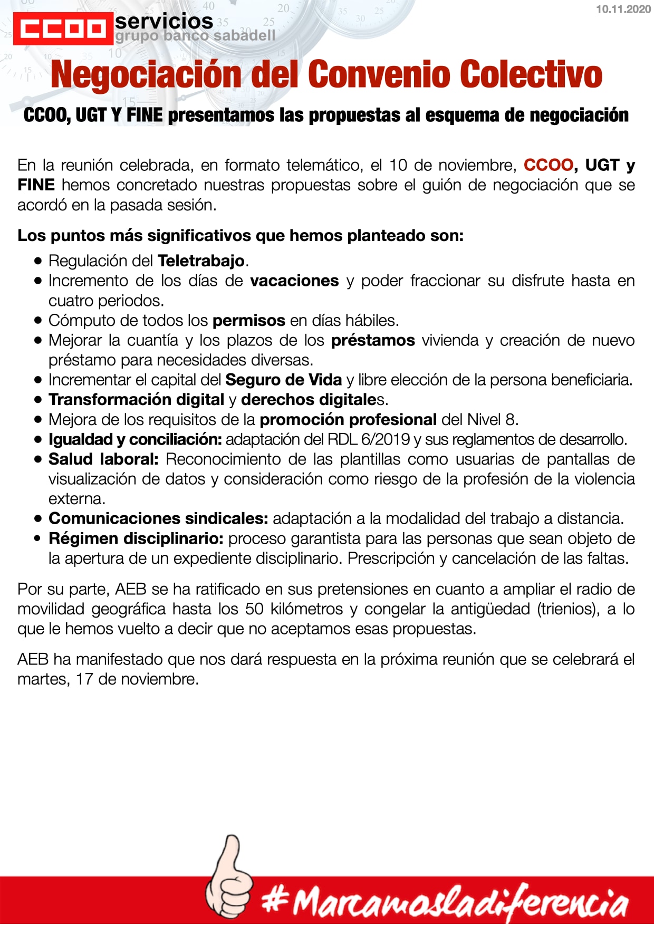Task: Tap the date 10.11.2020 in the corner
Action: point(623,9)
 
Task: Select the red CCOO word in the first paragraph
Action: point(548,165)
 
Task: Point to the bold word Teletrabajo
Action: point(201,261)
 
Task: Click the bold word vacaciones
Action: point(294,281)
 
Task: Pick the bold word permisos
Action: point(249,320)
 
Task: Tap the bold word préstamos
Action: point(373,340)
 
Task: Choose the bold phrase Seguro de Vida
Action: point(284,380)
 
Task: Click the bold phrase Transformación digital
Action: point(137,400)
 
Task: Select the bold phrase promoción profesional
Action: point(348,419)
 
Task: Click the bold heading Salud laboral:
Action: point(103,459)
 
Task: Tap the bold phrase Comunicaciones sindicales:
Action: point(159,518)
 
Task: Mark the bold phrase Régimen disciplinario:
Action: point(136,538)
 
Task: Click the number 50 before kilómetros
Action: point(254,609)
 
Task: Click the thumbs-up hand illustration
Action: point(228,875)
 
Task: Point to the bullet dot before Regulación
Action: point(37,261)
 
